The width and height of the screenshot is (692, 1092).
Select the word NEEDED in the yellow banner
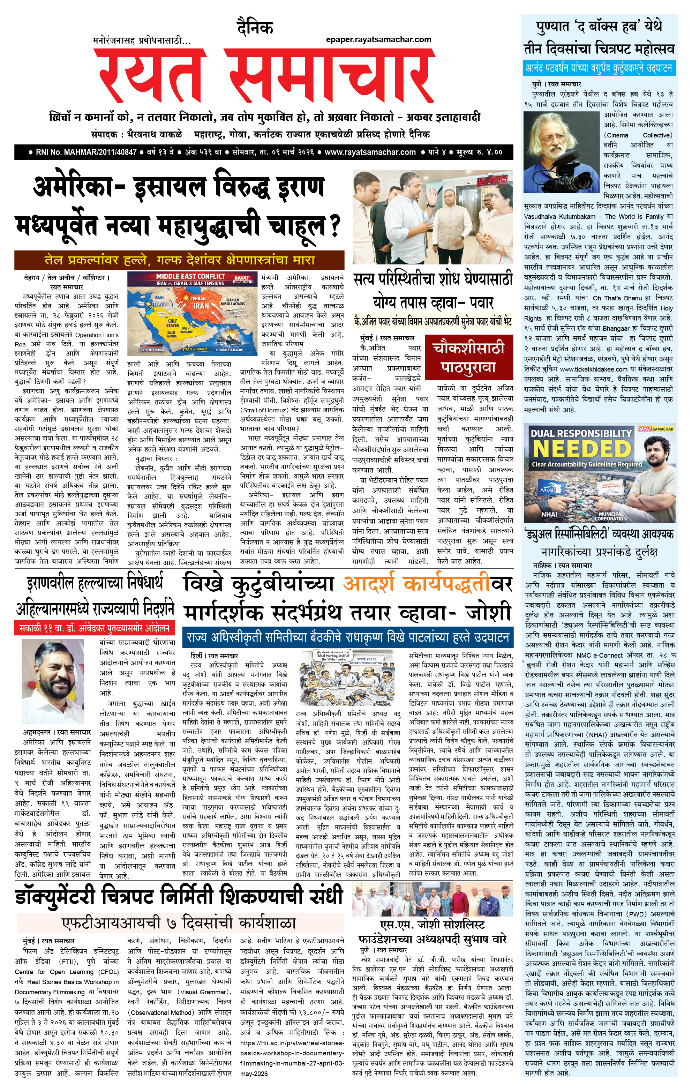click(x=582, y=449)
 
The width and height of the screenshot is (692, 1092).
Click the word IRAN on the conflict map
click(x=201, y=306)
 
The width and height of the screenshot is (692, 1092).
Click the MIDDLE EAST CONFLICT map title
click(x=190, y=276)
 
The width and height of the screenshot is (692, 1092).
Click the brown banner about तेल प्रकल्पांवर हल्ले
click(x=179, y=260)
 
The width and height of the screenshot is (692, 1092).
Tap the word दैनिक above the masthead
click(x=255, y=28)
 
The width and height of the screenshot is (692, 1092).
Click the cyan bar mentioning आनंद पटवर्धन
click(x=599, y=68)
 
